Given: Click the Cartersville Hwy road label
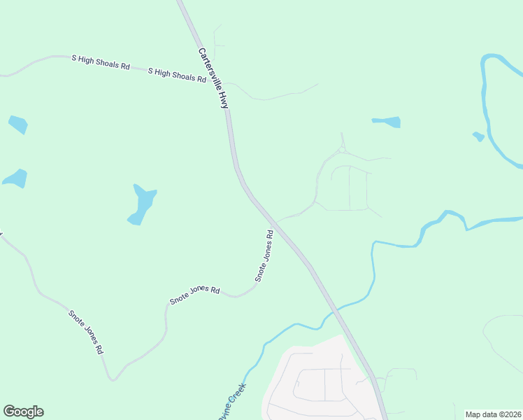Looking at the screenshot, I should click(213, 78).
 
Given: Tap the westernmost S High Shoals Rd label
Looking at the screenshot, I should click(101, 62).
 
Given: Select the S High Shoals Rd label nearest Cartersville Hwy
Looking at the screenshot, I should click(177, 76).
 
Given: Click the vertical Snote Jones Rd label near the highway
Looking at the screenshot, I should click(264, 255).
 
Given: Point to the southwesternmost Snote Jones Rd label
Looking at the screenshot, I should click(86, 330).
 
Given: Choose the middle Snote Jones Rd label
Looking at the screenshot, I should click(195, 296).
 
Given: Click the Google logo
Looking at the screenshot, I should click(23, 412).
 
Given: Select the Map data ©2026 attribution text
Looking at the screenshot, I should click(492, 414).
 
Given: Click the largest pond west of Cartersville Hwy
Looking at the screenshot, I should click(142, 204).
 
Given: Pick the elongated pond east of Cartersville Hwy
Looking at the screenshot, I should click(387, 122).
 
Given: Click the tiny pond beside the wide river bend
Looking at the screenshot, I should click(478, 136).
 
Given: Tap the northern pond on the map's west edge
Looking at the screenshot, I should click(18, 125).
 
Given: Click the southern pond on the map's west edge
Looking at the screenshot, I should click(15, 178).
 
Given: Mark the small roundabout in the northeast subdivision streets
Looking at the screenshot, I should click(342, 149).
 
